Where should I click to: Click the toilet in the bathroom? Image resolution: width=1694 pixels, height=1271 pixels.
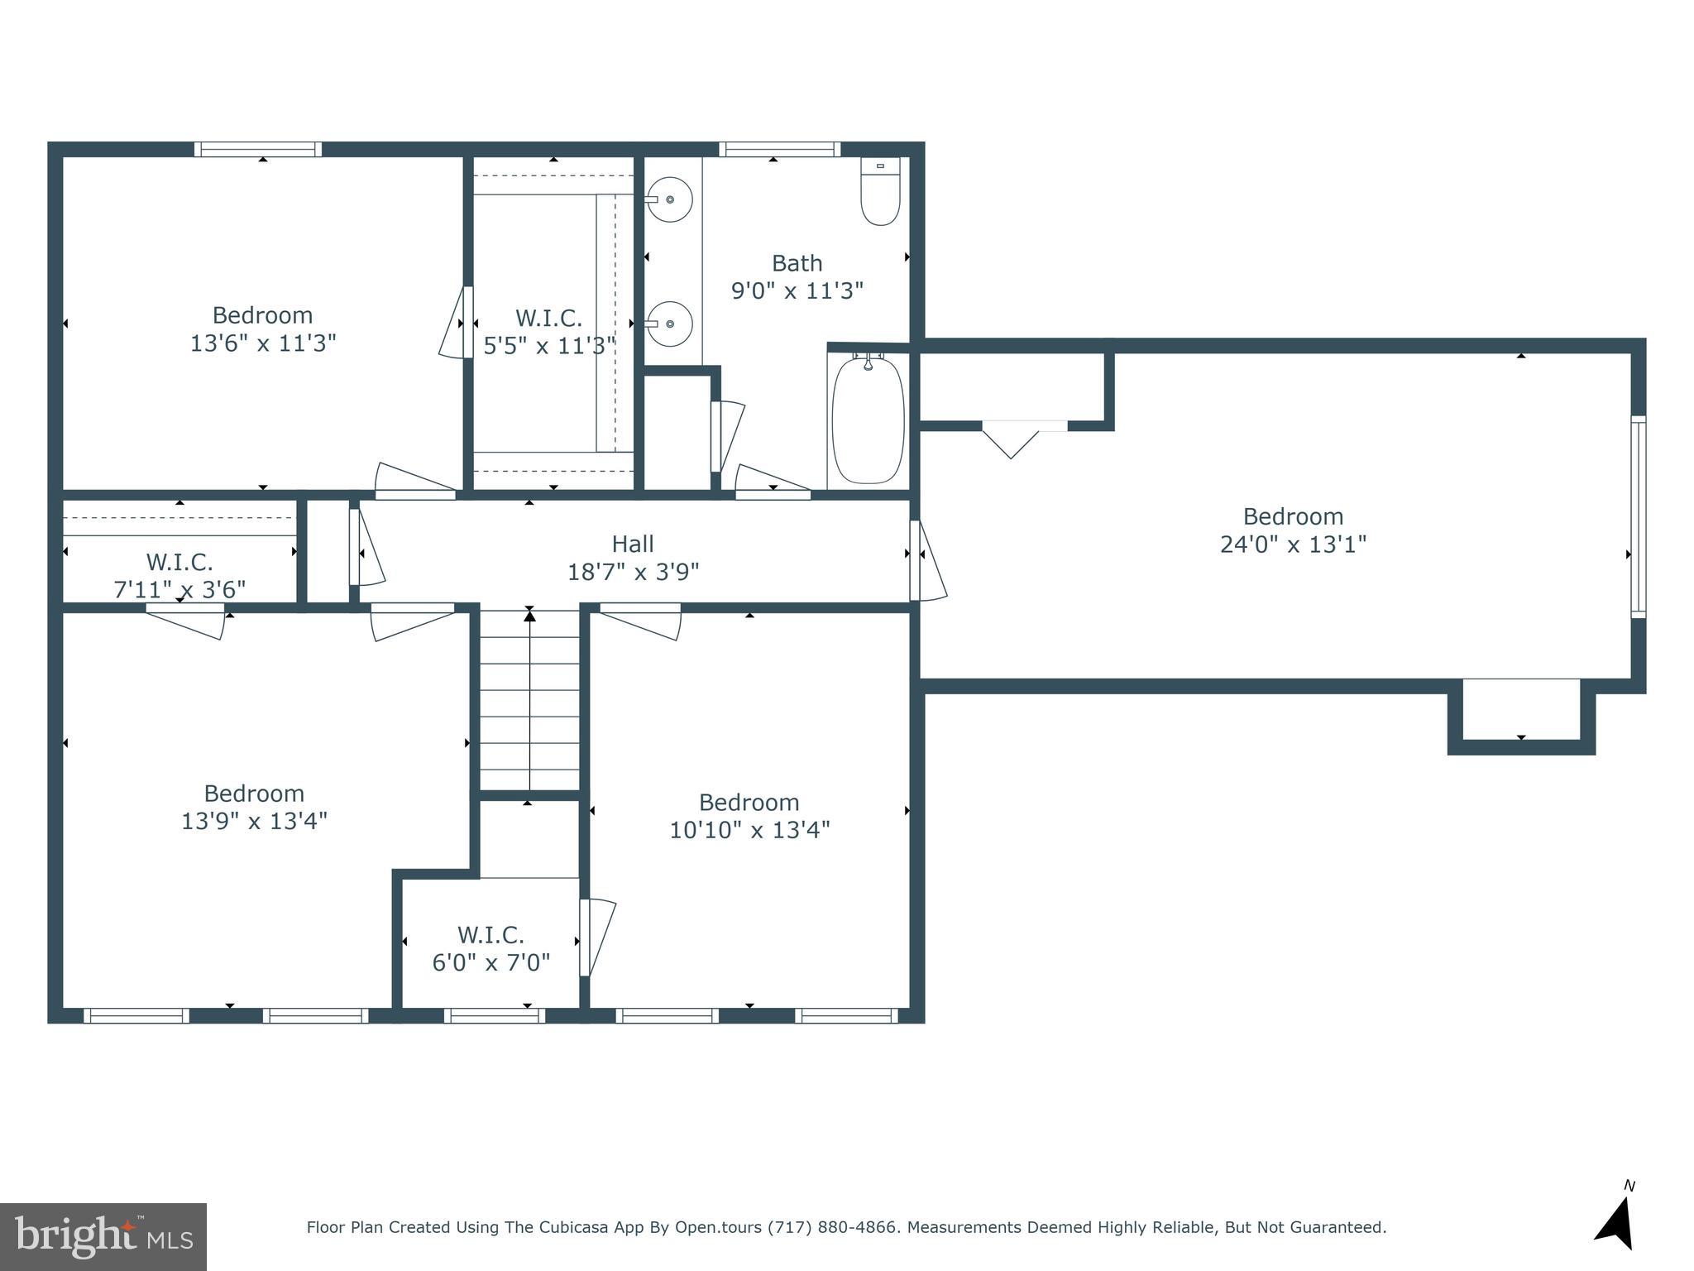(880, 192)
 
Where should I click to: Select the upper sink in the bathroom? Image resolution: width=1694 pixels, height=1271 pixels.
(668, 199)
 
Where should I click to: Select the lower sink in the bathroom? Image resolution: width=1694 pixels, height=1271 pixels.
(668, 324)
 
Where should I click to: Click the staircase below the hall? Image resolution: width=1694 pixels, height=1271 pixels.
(529, 701)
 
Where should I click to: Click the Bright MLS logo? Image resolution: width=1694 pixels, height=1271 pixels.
(103, 1236)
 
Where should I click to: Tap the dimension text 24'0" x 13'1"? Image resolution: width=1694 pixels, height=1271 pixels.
(1293, 544)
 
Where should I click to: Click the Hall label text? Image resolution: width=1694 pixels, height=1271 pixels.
(633, 544)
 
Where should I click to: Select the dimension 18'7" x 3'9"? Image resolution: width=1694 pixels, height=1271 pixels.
(633, 572)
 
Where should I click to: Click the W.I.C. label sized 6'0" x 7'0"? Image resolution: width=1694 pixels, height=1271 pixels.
(490, 935)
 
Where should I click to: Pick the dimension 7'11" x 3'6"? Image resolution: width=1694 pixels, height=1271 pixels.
(179, 590)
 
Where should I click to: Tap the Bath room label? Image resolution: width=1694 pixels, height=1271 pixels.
(797, 263)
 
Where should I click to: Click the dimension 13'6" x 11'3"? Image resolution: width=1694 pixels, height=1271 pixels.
(263, 343)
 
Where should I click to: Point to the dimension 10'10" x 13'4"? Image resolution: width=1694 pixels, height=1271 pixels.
(749, 830)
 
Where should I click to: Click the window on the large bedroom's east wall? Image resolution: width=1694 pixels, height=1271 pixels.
(1638, 517)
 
